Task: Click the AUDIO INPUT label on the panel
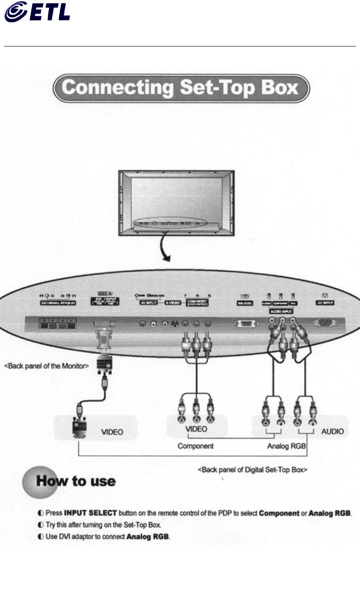coord(281,311)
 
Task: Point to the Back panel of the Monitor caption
coord(46,366)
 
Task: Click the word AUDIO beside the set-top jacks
coord(332,431)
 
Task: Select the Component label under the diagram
coord(195,446)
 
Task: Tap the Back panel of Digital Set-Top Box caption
coord(253,470)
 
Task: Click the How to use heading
coord(76,481)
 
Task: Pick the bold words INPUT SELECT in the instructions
coord(90,513)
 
